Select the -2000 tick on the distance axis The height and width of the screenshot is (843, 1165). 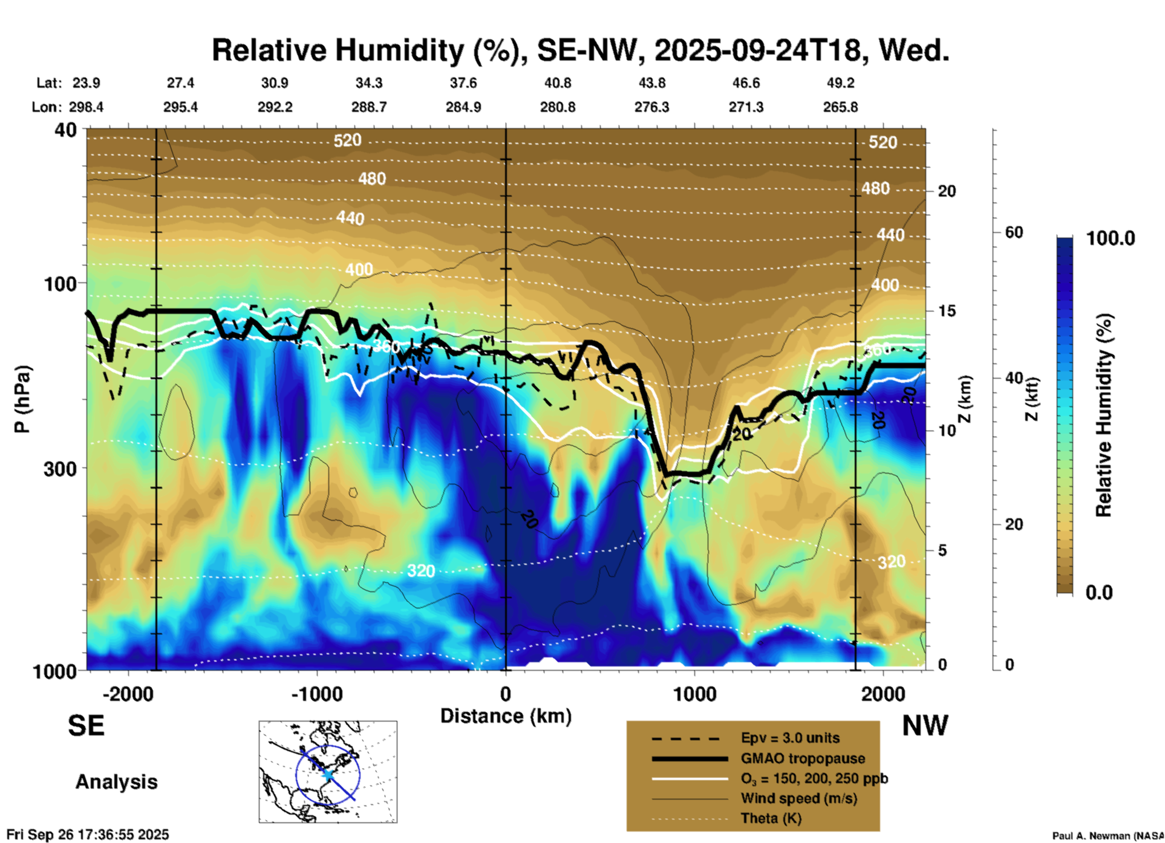[x=128, y=694]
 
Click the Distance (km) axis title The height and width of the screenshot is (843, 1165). [x=506, y=716]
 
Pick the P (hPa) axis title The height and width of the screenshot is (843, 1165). [x=22, y=399]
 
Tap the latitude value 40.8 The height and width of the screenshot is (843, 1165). [x=557, y=83]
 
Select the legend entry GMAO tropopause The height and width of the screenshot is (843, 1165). [x=803, y=758]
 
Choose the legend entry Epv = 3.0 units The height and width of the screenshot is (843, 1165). [x=790, y=738]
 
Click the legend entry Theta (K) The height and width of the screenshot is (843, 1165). [x=771, y=819]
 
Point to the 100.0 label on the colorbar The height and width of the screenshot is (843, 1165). [x=1111, y=239]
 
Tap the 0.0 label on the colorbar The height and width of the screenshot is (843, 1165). [x=1099, y=593]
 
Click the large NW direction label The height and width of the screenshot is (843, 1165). [x=925, y=726]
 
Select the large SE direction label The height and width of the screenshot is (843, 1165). [x=86, y=726]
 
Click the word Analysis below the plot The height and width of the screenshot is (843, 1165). [x=116, y=782]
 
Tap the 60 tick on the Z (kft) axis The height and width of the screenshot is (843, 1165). [x=1014, y=233]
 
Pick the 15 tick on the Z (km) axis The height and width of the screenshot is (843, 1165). [x=947, y=311]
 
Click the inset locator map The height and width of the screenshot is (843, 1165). [x=328, y=772]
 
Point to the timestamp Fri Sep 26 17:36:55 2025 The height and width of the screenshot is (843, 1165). [x=88, y=835]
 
